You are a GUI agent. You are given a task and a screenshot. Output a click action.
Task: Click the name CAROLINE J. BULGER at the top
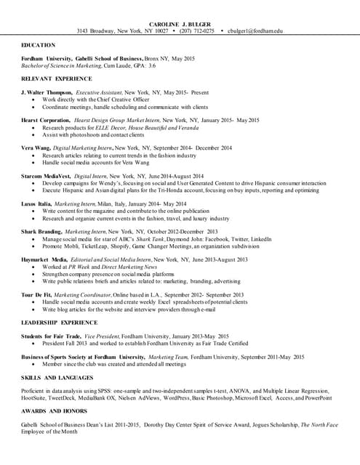coord(180,24)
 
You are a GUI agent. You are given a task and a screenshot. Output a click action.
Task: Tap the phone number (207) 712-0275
coord(197,31)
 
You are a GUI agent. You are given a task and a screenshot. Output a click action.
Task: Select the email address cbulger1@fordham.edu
coord(255,31)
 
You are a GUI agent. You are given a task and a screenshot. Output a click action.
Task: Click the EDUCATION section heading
coord(39,44)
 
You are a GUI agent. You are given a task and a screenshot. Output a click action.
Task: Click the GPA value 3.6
coord(152,65)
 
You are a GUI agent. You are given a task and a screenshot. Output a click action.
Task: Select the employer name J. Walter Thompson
coord(47,93)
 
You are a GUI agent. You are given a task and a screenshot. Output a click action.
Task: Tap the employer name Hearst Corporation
coord(45,121)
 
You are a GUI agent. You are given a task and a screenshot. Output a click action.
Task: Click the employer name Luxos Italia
coord(36,203)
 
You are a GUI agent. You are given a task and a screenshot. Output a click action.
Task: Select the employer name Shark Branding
coord(41,231)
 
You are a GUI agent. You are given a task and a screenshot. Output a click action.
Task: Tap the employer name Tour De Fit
coord(36,294)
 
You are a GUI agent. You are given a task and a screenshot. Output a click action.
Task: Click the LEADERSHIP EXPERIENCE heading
coord(60,321)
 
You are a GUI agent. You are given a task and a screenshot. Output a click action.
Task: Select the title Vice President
coord(99,336)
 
